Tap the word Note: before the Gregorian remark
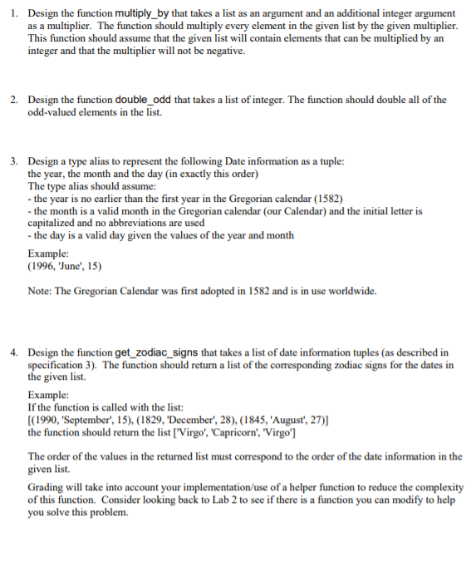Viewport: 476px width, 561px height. click(x=42, y=291)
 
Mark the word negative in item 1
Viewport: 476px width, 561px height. click(x=225, y=51)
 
